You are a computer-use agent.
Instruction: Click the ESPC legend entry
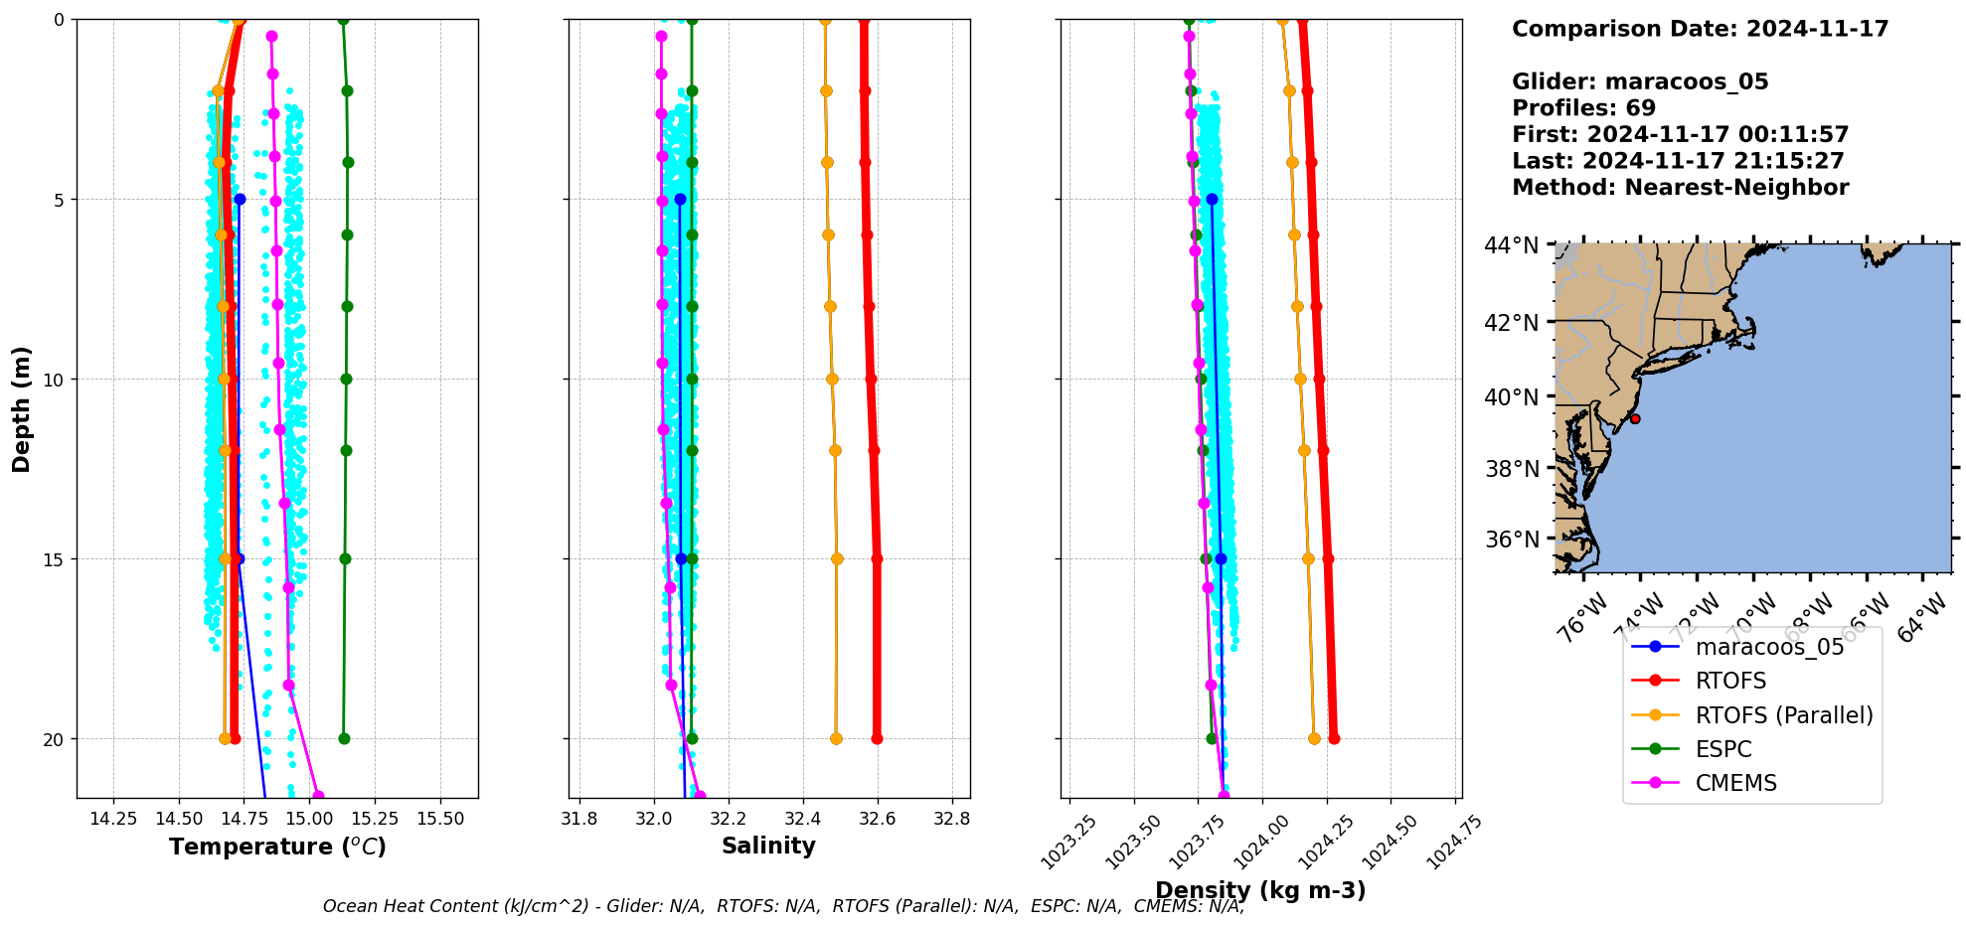(x=1723, y=749)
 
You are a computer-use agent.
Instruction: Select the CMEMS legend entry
(x=1735, y=783)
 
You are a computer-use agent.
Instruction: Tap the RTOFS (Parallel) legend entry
(x=1783, y=715)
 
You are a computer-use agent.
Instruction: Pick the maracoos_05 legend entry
(x=1769, y=647)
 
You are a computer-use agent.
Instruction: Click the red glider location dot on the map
(x=1635, y=418)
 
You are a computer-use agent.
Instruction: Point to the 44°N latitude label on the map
(x=1511, y=245)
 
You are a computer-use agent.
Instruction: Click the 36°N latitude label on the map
(x=1511, y=540)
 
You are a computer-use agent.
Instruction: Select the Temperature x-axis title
(x=277, y=847)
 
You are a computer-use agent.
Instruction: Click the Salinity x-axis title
(x=768, y=846)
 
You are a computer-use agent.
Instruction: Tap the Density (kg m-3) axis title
(x=1260, y=890)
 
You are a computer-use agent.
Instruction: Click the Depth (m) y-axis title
(x=22, y=408)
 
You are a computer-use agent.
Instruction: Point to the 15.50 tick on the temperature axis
(x=440, y=819)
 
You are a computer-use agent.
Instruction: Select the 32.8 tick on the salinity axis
(x=952, y=819)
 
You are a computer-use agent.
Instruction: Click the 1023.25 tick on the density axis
(x=1069, y=841)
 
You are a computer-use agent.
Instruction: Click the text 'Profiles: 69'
(x=1583, y=108)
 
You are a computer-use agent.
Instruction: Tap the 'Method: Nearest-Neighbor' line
(x=1680, y=188)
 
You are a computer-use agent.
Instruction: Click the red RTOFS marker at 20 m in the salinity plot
(x=877, y=738)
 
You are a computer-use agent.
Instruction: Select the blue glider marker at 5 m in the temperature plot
(x=240, y=200)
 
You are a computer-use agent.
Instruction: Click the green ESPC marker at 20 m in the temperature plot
(x=344, y=738)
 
